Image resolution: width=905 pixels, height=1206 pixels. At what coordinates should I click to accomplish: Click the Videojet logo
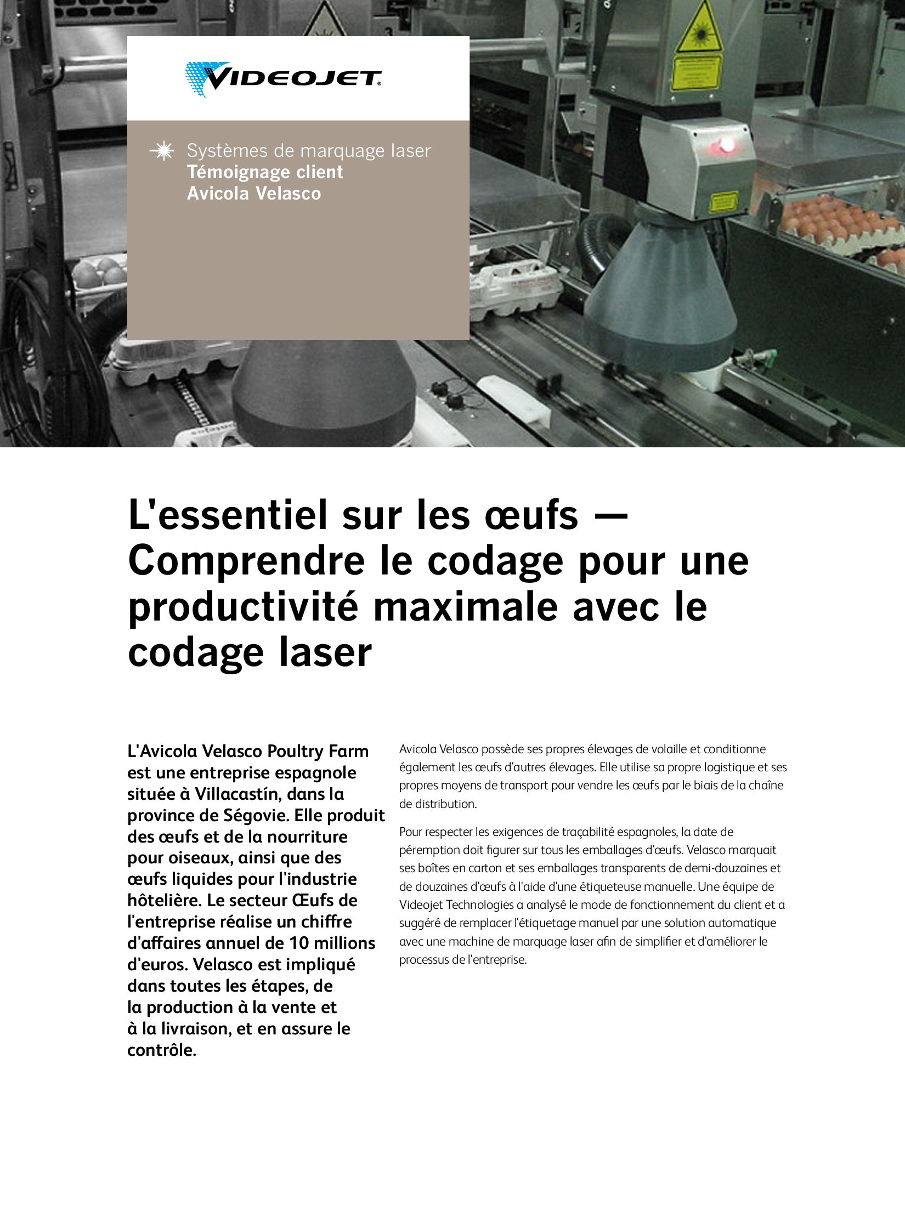283,79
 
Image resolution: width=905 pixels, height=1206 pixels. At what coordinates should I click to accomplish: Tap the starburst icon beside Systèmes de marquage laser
162,151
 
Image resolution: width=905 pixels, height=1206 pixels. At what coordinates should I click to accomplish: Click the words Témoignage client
265,172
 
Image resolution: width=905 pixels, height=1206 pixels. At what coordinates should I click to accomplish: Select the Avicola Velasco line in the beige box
254,194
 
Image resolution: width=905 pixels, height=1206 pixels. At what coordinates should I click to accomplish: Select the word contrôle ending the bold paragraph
162,1050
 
